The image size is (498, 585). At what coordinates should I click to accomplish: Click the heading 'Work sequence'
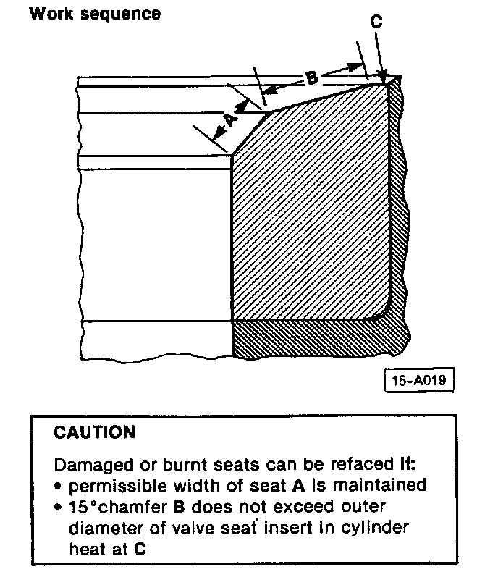(95, 13)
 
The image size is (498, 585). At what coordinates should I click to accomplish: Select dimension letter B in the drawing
(310, 77)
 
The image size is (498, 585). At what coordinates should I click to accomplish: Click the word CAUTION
(94, 433)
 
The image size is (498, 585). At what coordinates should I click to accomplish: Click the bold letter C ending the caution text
(140, 550)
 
